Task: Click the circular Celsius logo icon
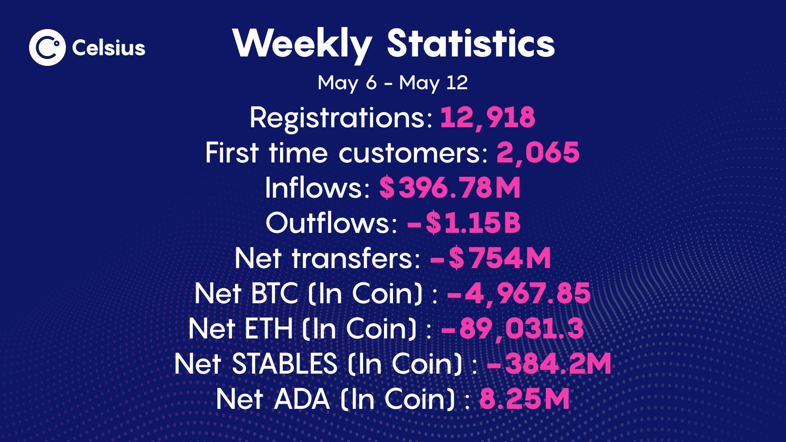coord(47,47)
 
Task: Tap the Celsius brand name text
coord(108,48)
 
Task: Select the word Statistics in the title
coord(471,43)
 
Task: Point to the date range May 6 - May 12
coord(393,83)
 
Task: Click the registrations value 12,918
coord(488,117)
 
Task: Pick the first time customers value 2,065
coord(538,153)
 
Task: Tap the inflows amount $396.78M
coord(449,188)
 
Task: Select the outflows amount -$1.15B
coord(464,223)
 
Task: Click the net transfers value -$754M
coord(490,259)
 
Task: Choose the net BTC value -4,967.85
coord(519,294)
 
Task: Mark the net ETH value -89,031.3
coord(512,329)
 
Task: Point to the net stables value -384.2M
coord(549,364)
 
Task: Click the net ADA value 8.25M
coord(524,399)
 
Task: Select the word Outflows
coord(332,223)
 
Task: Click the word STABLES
coord(285,364)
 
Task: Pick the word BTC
coord(274,294)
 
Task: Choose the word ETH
coord(269,329)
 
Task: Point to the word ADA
coord(302,399)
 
